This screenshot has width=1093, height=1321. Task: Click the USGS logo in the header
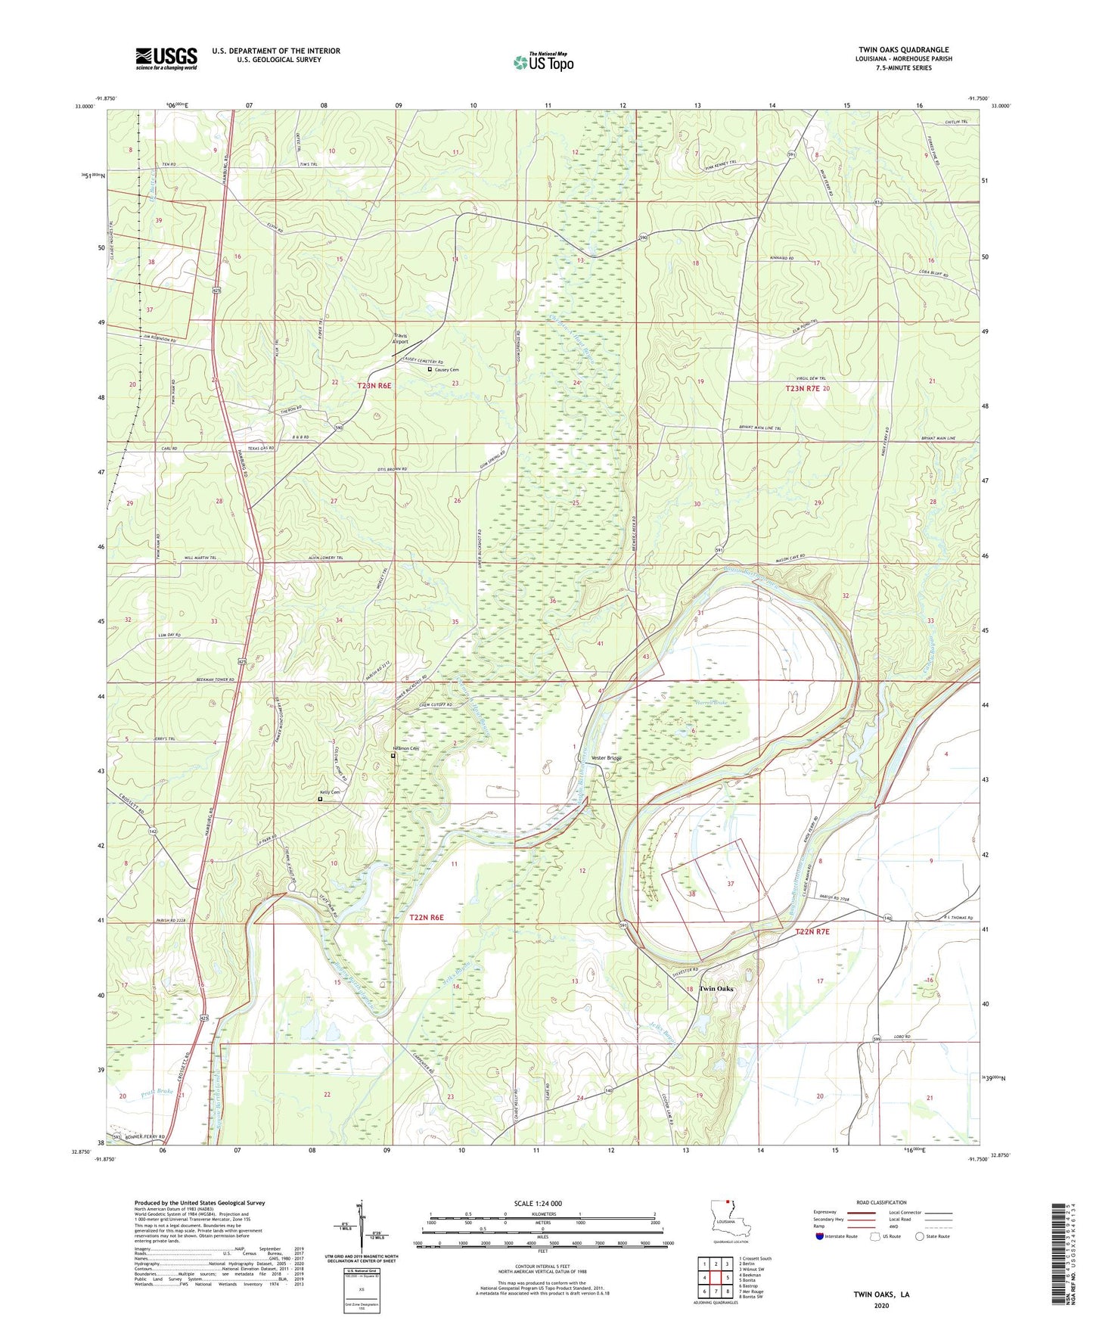pyautogui.click(x=166, y=58)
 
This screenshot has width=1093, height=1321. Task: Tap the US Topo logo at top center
pyautogui.click(x=542, y=63)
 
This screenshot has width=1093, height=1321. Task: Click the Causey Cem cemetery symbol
pyautogui.click(x=430, y=370)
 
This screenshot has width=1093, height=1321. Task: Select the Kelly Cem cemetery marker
pyautogui.click(x=320, y=798)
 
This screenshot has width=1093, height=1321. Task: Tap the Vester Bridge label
pyautogui.click(x=606, y=757)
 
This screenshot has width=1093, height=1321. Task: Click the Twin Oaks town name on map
pyautogui.click(x=716, y=989)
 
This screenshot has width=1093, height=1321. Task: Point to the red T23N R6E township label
pyautogui.click(x=374, y=386)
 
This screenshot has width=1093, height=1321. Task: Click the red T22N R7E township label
pyautogui.click(x=812, y=931)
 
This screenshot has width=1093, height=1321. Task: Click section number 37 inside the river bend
pyautogui.click(x=730, y=884)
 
